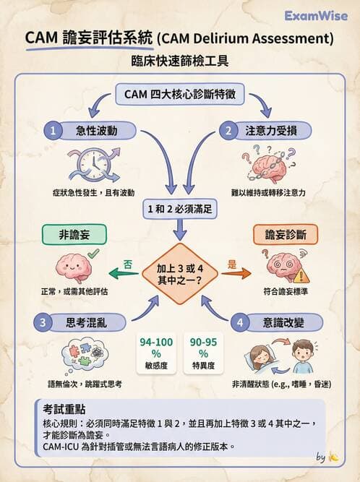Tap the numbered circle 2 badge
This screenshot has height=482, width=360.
tap(228, 130)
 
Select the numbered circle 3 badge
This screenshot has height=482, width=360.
tap(44, 322)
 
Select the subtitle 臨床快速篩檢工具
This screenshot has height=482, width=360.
tap(179, 60)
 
